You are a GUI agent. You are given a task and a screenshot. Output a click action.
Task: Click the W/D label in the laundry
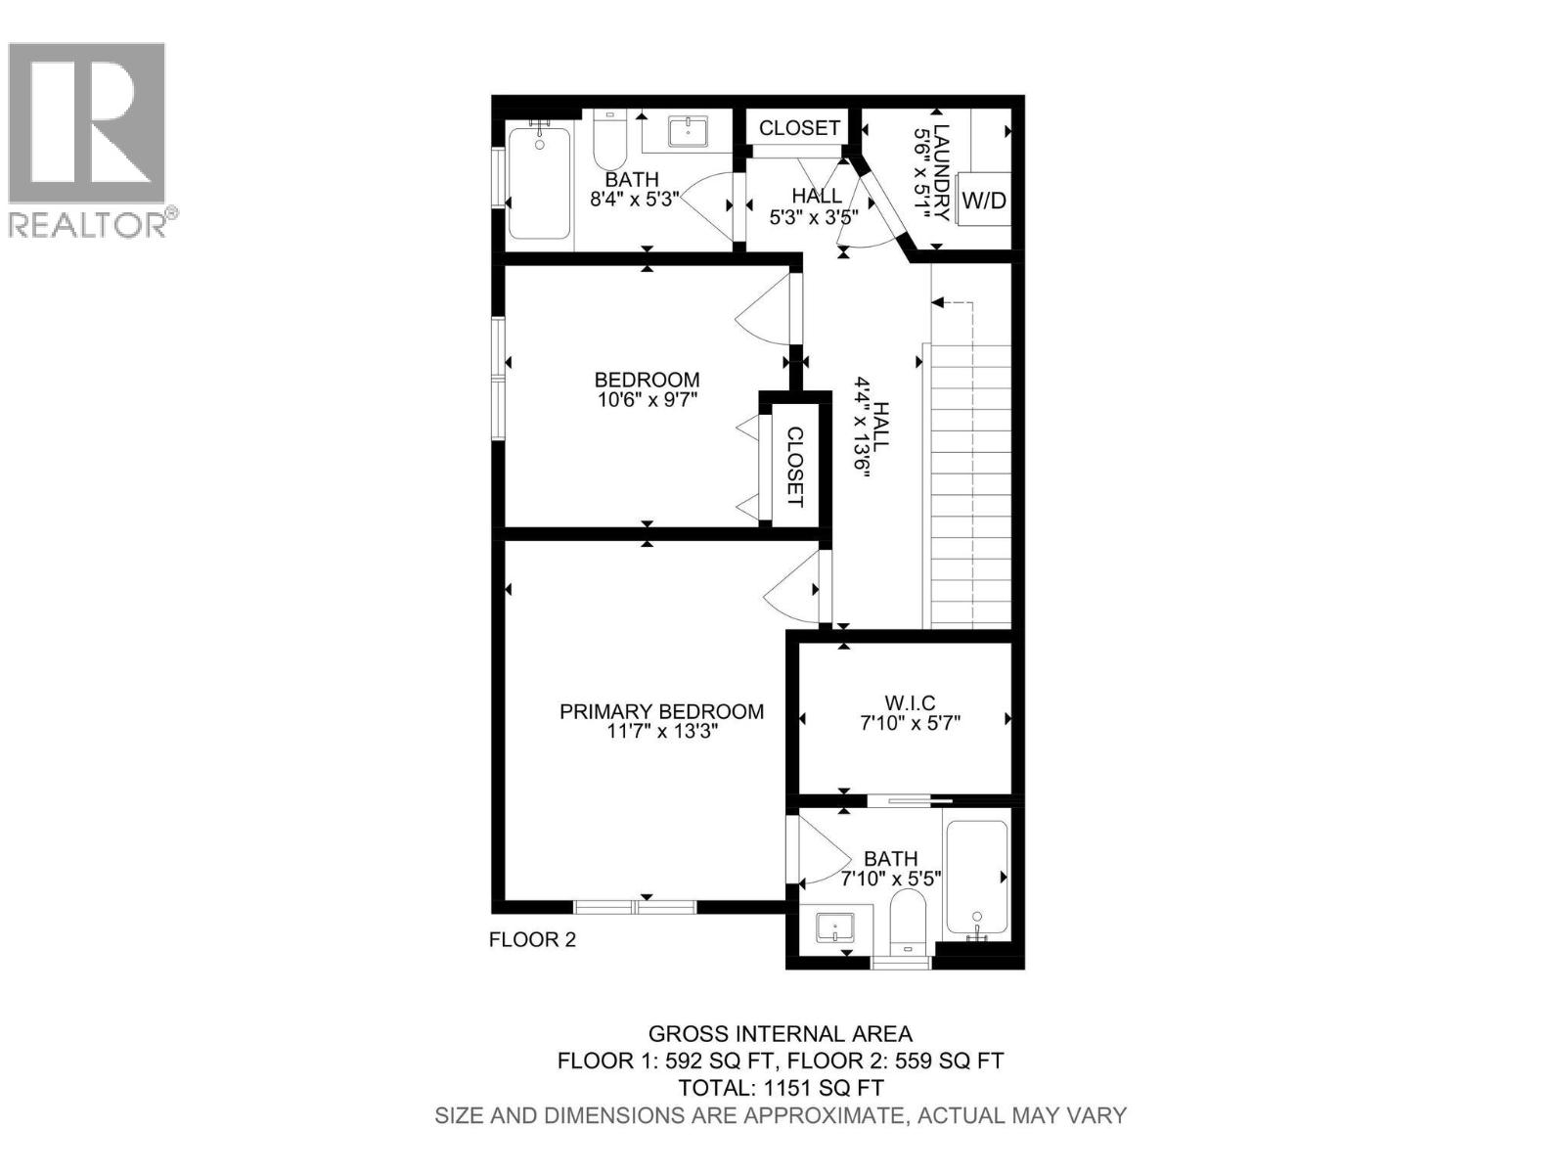[x=984, y=201]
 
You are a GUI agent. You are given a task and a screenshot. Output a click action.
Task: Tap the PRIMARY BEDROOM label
[x=661, y=712]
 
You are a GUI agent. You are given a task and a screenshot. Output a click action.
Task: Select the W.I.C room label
[x=910, y=703]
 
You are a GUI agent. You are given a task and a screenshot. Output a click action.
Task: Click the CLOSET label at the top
[x=799, y=128]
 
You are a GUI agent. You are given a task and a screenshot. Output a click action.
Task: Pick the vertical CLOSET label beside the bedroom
[x=794, y=467]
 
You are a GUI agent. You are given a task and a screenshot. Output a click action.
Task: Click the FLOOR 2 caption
[x=532, y=940]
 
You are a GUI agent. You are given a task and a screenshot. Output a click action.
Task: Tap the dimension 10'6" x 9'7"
[x=647, y=399]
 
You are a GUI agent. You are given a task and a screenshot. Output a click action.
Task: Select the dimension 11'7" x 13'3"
[x=662, y=732]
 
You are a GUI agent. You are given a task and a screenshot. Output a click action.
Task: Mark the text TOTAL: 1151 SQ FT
[x=782, y=1088]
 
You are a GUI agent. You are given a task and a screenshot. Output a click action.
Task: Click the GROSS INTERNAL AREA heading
[x=781, y=1034]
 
